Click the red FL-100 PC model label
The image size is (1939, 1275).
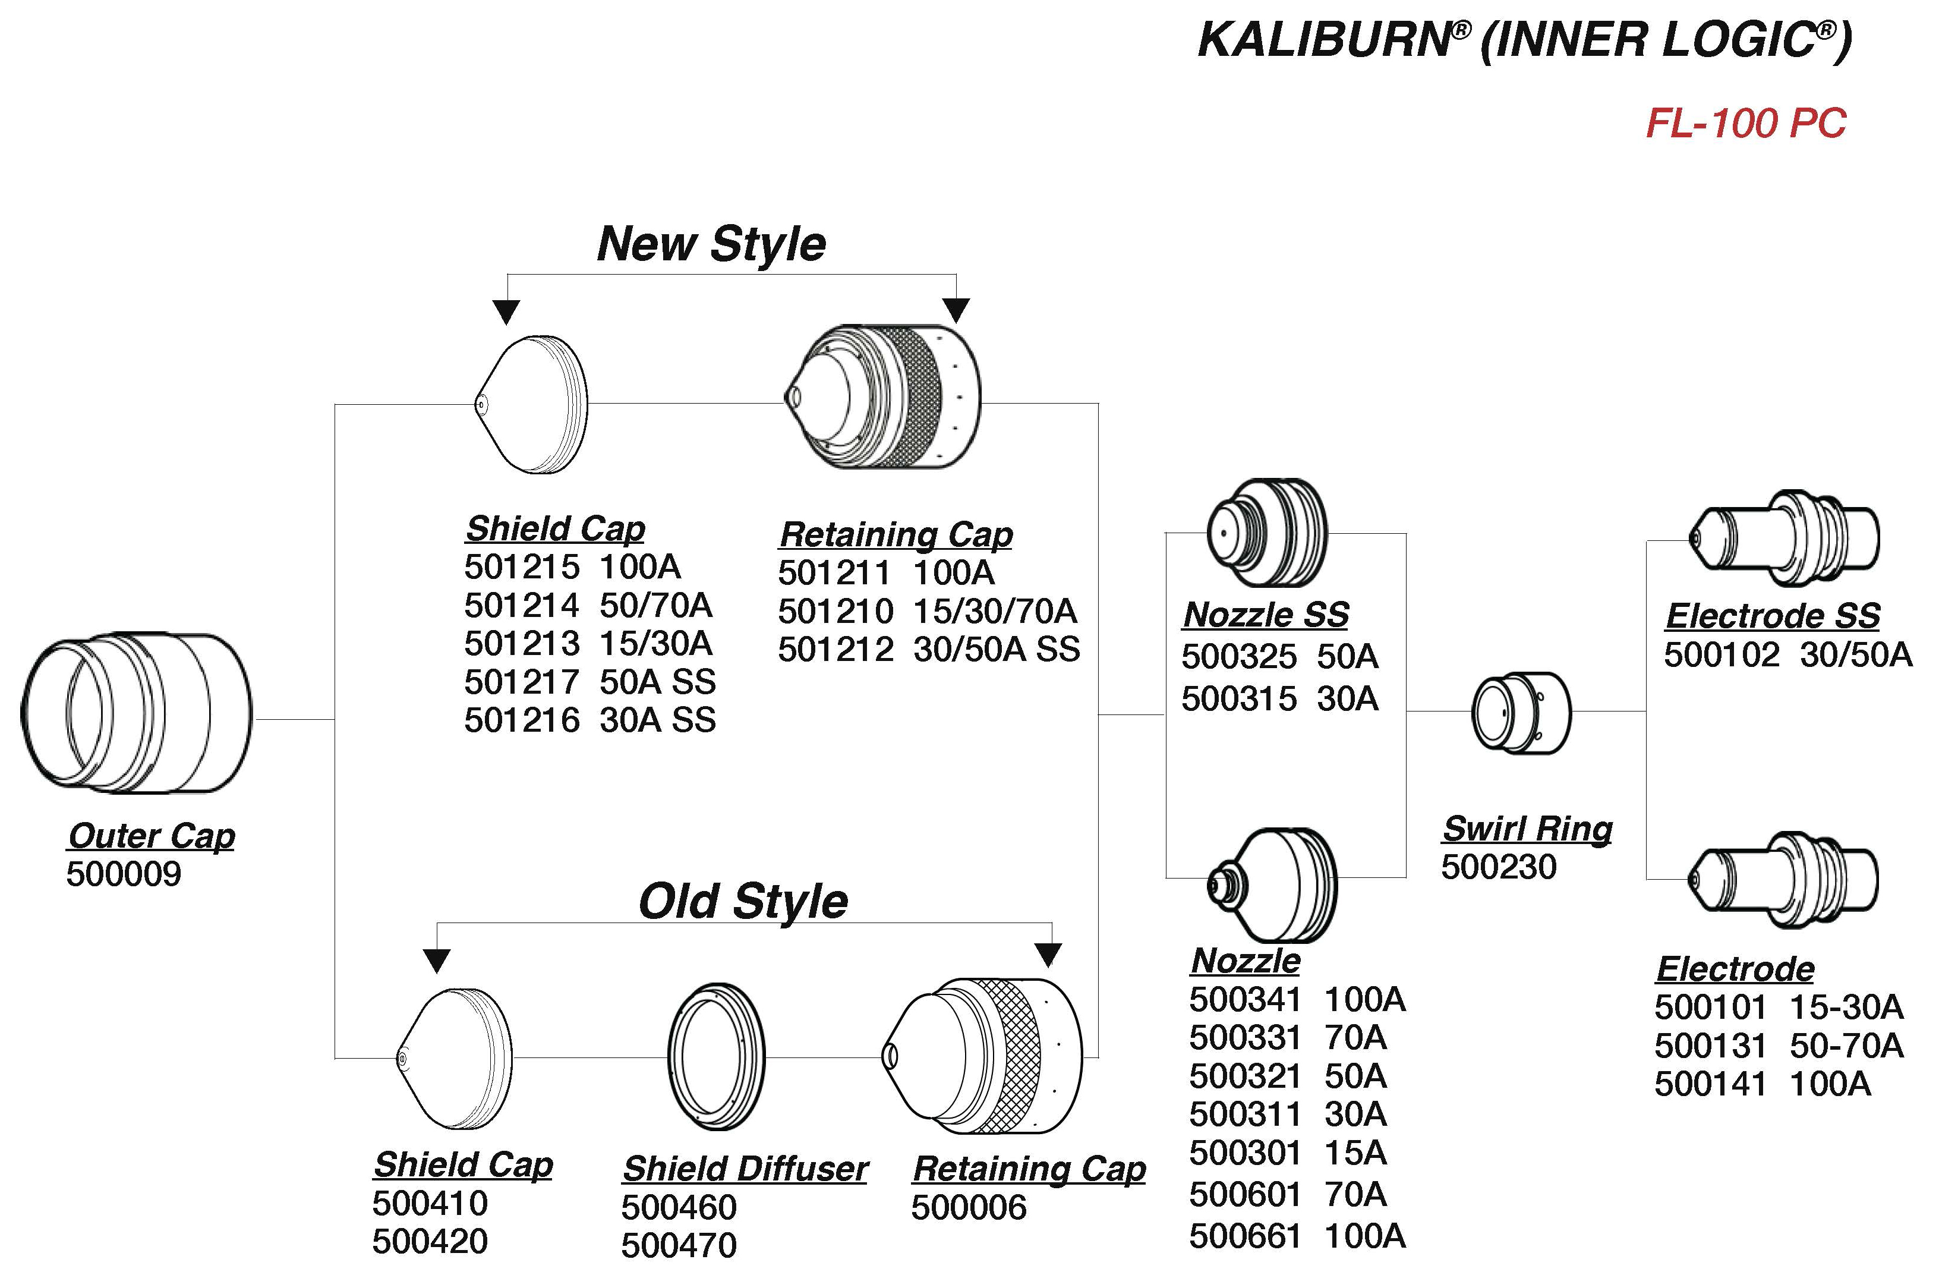click(x=1745, y=124)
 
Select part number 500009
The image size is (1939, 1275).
click(x=124, y=874)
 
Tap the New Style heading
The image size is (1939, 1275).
click(x=711, y=244)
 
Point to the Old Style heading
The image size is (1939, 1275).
click(x=743, y=901)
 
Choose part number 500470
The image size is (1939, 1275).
click(x=679, y=1245)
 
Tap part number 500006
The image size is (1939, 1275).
click(x=969, y=1207)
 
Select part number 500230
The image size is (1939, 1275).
click(x=1498, y=867)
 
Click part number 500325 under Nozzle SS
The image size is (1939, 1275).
click(x=1238, y=657)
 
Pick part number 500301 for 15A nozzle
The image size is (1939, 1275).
click(x=1245, y=1153)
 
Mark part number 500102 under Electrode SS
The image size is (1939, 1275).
click(x=1722, y=655)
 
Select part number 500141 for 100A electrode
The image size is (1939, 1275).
click(x=1710, y=1084)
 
